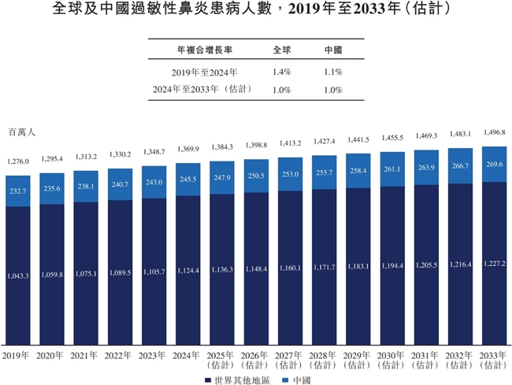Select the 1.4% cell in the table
click(x=282, y=71)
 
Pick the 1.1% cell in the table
click(x=333, y=71)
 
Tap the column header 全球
click(x=282, y=50)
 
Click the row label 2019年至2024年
click(x=202, y=71)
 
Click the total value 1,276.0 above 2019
click(x=18, y=161)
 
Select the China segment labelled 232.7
click(x=18, y=190)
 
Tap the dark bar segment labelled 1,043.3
click(x=18, y=275)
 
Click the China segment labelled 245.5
click(x=188, y=179)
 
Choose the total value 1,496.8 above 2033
click(x=494, y=132)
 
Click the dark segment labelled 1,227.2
click(x=494, y=264)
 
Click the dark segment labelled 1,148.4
click(x=256, y=268)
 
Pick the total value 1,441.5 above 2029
click(x=358, y=139)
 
